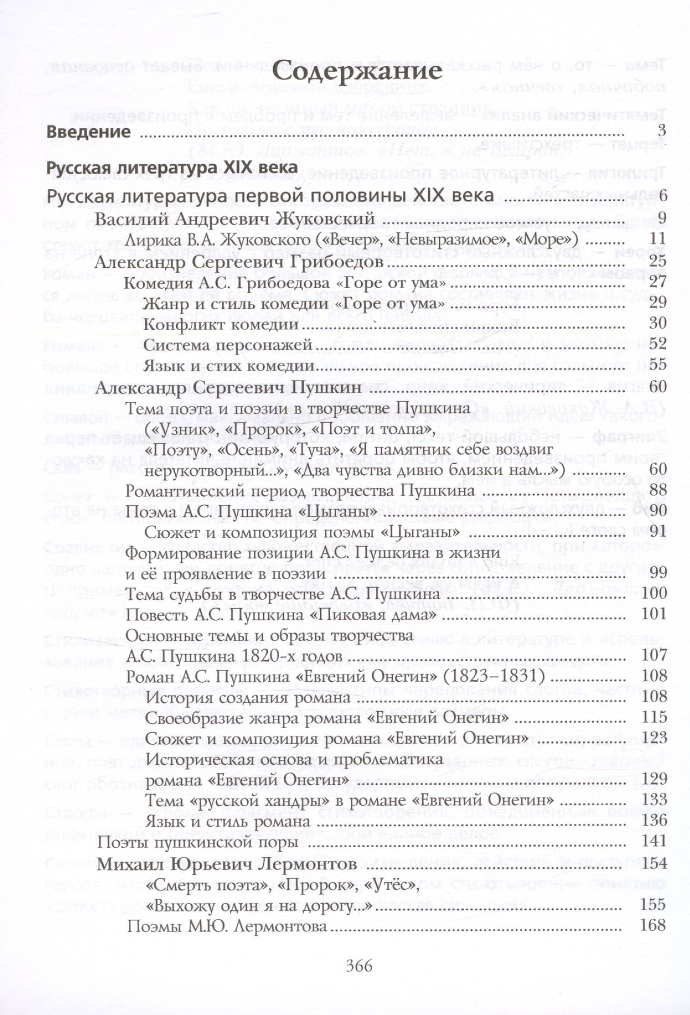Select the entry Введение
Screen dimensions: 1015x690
(89, 132)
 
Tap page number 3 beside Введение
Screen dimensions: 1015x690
(661, 131)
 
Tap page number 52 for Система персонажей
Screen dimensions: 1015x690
(657, 344)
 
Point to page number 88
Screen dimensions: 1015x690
(657, 490)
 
